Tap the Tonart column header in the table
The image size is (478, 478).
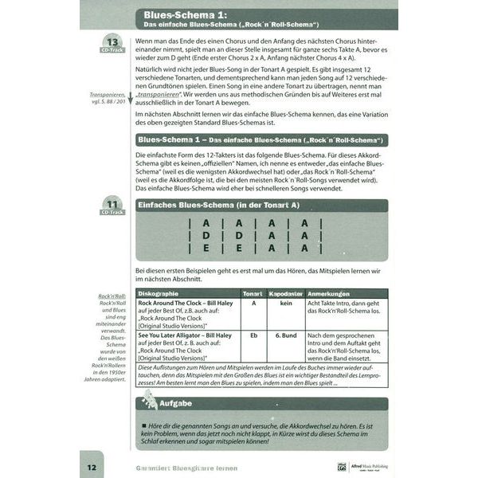[252, 293]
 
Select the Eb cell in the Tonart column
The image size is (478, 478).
[252, 335]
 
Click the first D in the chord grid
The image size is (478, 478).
[206, 236]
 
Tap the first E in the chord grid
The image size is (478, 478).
[206, 249]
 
